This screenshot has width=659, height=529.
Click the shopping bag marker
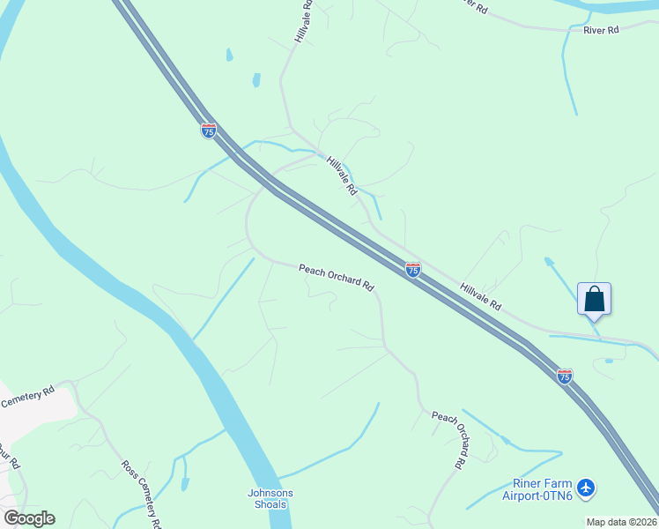595,299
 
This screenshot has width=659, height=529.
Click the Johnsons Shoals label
270,499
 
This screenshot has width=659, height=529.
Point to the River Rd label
602,30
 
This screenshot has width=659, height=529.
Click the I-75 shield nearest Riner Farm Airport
565,376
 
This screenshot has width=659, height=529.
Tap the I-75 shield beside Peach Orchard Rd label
412,270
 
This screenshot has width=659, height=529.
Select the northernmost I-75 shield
209,130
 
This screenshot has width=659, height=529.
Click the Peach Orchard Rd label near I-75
337,278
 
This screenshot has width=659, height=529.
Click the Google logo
29,518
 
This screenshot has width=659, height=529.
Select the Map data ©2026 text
622,522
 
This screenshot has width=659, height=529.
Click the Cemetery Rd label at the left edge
27,398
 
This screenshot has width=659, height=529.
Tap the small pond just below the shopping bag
609,360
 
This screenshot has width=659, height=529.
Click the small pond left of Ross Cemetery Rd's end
184,484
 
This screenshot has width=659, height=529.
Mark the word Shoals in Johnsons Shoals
270,505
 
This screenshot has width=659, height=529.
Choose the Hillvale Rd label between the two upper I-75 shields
342,175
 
